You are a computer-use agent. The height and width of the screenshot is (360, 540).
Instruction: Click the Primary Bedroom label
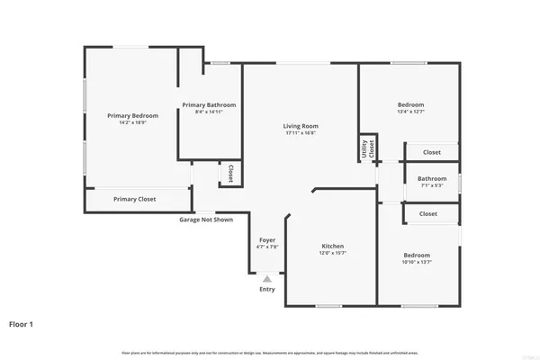point(132,115)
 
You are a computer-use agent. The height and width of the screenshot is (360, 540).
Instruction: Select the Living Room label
point(301,126)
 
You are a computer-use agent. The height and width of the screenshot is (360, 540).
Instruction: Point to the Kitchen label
point(333,247)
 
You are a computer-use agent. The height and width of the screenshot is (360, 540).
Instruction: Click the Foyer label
point(267,240)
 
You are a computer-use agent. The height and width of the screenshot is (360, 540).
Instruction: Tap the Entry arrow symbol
point(267,280)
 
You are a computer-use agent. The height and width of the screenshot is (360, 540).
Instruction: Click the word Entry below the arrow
point(267,289)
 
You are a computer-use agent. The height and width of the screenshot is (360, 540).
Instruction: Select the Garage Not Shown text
point(206,219)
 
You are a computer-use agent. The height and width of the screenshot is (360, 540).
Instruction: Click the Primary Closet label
point(134,199)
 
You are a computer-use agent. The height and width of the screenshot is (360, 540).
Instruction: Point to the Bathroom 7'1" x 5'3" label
point(432,178)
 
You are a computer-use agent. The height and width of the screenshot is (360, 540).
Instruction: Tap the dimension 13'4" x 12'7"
point(410,112)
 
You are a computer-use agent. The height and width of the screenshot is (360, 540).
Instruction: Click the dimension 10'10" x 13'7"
point(417,262)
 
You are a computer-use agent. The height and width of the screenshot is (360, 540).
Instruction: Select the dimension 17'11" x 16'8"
point(301,133)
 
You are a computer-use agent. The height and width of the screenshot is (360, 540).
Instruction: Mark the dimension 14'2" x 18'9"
point(132,122)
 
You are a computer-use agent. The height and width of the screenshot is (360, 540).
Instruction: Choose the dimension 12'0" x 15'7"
point(333,254)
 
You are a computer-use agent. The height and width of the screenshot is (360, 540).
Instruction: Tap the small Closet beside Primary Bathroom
point(230,172)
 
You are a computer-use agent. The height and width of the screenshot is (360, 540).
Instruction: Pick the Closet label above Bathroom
point(431,152)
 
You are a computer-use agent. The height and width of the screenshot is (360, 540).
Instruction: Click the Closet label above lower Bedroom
point(428,213)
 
